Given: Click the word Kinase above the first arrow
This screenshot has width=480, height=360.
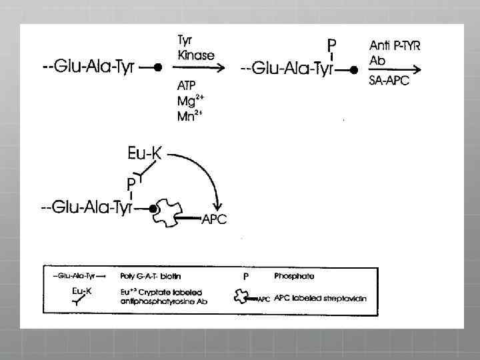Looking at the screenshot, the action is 196,55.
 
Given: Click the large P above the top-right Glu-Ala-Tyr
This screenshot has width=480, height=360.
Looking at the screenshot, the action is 331,45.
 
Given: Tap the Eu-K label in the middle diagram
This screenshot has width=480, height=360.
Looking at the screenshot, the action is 143,153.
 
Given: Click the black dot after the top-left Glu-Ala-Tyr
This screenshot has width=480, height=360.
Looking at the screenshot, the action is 157,67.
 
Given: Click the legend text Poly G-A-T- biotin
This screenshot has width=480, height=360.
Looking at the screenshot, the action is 150,275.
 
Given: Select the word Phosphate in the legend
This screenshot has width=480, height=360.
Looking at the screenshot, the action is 294,275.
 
